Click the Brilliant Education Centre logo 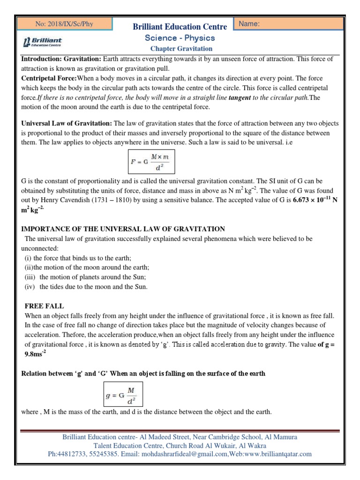43,43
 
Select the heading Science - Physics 180,38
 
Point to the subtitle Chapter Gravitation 181,49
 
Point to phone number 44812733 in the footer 72,454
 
